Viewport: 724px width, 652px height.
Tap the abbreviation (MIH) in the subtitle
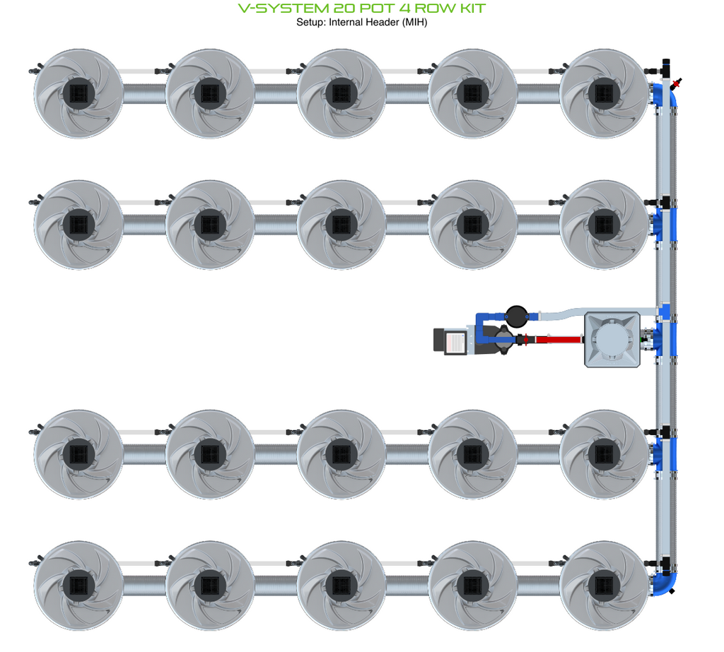click(x=409, y=22)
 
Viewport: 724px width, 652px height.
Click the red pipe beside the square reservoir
click(x=558, y=340)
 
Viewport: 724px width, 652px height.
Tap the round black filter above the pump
click(x=517, y=316)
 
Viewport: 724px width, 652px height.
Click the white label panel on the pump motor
click(x=455, y=343)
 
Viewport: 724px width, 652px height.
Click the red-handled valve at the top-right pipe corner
click(x=677, y=83)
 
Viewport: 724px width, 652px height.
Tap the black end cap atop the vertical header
click(x=666, y=62)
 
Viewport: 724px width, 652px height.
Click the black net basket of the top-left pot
click(x=79, y=94)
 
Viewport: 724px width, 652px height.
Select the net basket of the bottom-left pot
click(x=79, y=586)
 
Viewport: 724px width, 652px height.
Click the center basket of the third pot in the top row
click(x=341, y=94)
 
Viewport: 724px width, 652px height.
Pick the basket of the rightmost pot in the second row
click(x=604, y=225)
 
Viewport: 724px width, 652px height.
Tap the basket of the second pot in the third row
click(x=210, y=454)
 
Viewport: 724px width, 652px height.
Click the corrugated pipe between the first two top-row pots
click(x=144, y=94)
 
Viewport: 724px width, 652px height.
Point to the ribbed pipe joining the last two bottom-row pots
click(x=538, y=586)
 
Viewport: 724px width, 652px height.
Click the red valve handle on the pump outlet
click(x=526, y=340)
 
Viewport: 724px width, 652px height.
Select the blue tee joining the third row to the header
click(x=665, y=454)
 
